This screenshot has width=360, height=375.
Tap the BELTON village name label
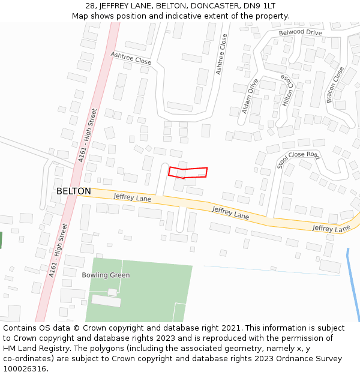pyautogui.click(x=74, y=191)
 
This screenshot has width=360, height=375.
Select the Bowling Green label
pyautogui.click(x=106, y=275)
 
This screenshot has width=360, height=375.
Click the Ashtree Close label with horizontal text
pyautogui.click(x=131, y=58)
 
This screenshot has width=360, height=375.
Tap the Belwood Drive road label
pyautogui.click(x=300, y=32)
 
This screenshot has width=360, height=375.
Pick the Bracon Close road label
pyautogui.click(x=335, y=85)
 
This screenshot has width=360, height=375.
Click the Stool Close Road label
pyautogui.click(x=298, y=158)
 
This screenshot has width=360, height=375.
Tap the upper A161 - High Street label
pyautogui.click(x=87, y=135)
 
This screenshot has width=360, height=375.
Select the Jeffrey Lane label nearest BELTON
pyautogui.click(x=132, y=197)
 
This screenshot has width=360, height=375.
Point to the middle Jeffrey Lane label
pyautogui.click(x=230, y=212)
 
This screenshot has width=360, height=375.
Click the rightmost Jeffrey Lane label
pyautogui.click(x=331, y=229)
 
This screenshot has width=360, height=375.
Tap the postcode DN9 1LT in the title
pyautogui.click(x=262, y=6)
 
